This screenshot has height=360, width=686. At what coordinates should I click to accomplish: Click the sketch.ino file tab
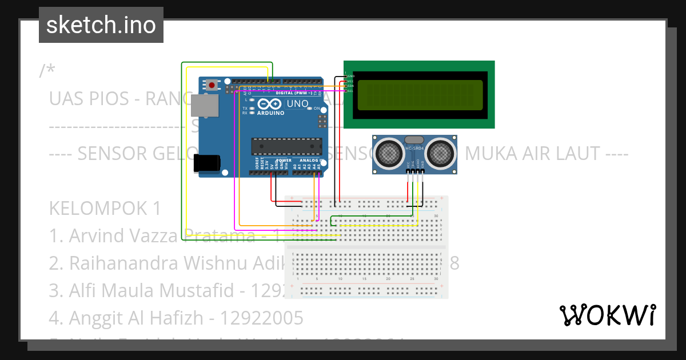coord(101,25)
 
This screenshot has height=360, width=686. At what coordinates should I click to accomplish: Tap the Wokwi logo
coord(607,315)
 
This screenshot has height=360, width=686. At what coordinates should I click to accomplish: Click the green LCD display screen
coord(419,95)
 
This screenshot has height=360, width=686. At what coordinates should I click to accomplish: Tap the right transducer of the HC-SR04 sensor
coord(441,152)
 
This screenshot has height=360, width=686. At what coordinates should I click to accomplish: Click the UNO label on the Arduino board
coord(297,104)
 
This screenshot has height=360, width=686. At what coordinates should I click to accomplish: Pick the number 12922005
coord(262,318)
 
